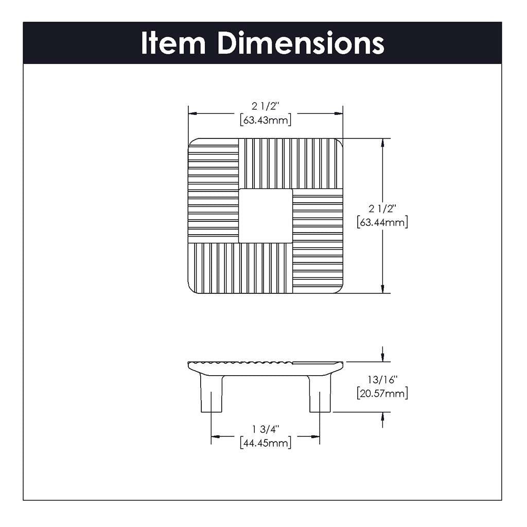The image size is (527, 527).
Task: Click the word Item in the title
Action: point(174,43)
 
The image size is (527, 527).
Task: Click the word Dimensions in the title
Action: point(301,43)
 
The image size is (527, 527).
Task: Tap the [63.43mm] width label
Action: point(266,120)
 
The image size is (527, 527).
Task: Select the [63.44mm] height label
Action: point(382,222)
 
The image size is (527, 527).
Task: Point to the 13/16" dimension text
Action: point(382,380)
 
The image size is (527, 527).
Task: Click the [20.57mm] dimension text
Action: point(382,394)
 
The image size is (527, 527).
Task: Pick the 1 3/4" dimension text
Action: point(266,429)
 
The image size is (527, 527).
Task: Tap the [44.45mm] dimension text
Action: point(266,443)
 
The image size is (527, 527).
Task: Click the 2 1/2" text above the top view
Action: point(266,107)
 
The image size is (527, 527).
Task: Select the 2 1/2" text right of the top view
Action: point(382,209)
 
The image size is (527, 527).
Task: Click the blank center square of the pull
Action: point(266,215)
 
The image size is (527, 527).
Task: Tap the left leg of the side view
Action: point(211,394)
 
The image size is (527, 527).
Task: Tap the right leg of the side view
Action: point(320,394)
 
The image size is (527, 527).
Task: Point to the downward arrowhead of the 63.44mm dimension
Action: point(382,289)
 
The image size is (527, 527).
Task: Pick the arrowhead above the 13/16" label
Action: point(382,357)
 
